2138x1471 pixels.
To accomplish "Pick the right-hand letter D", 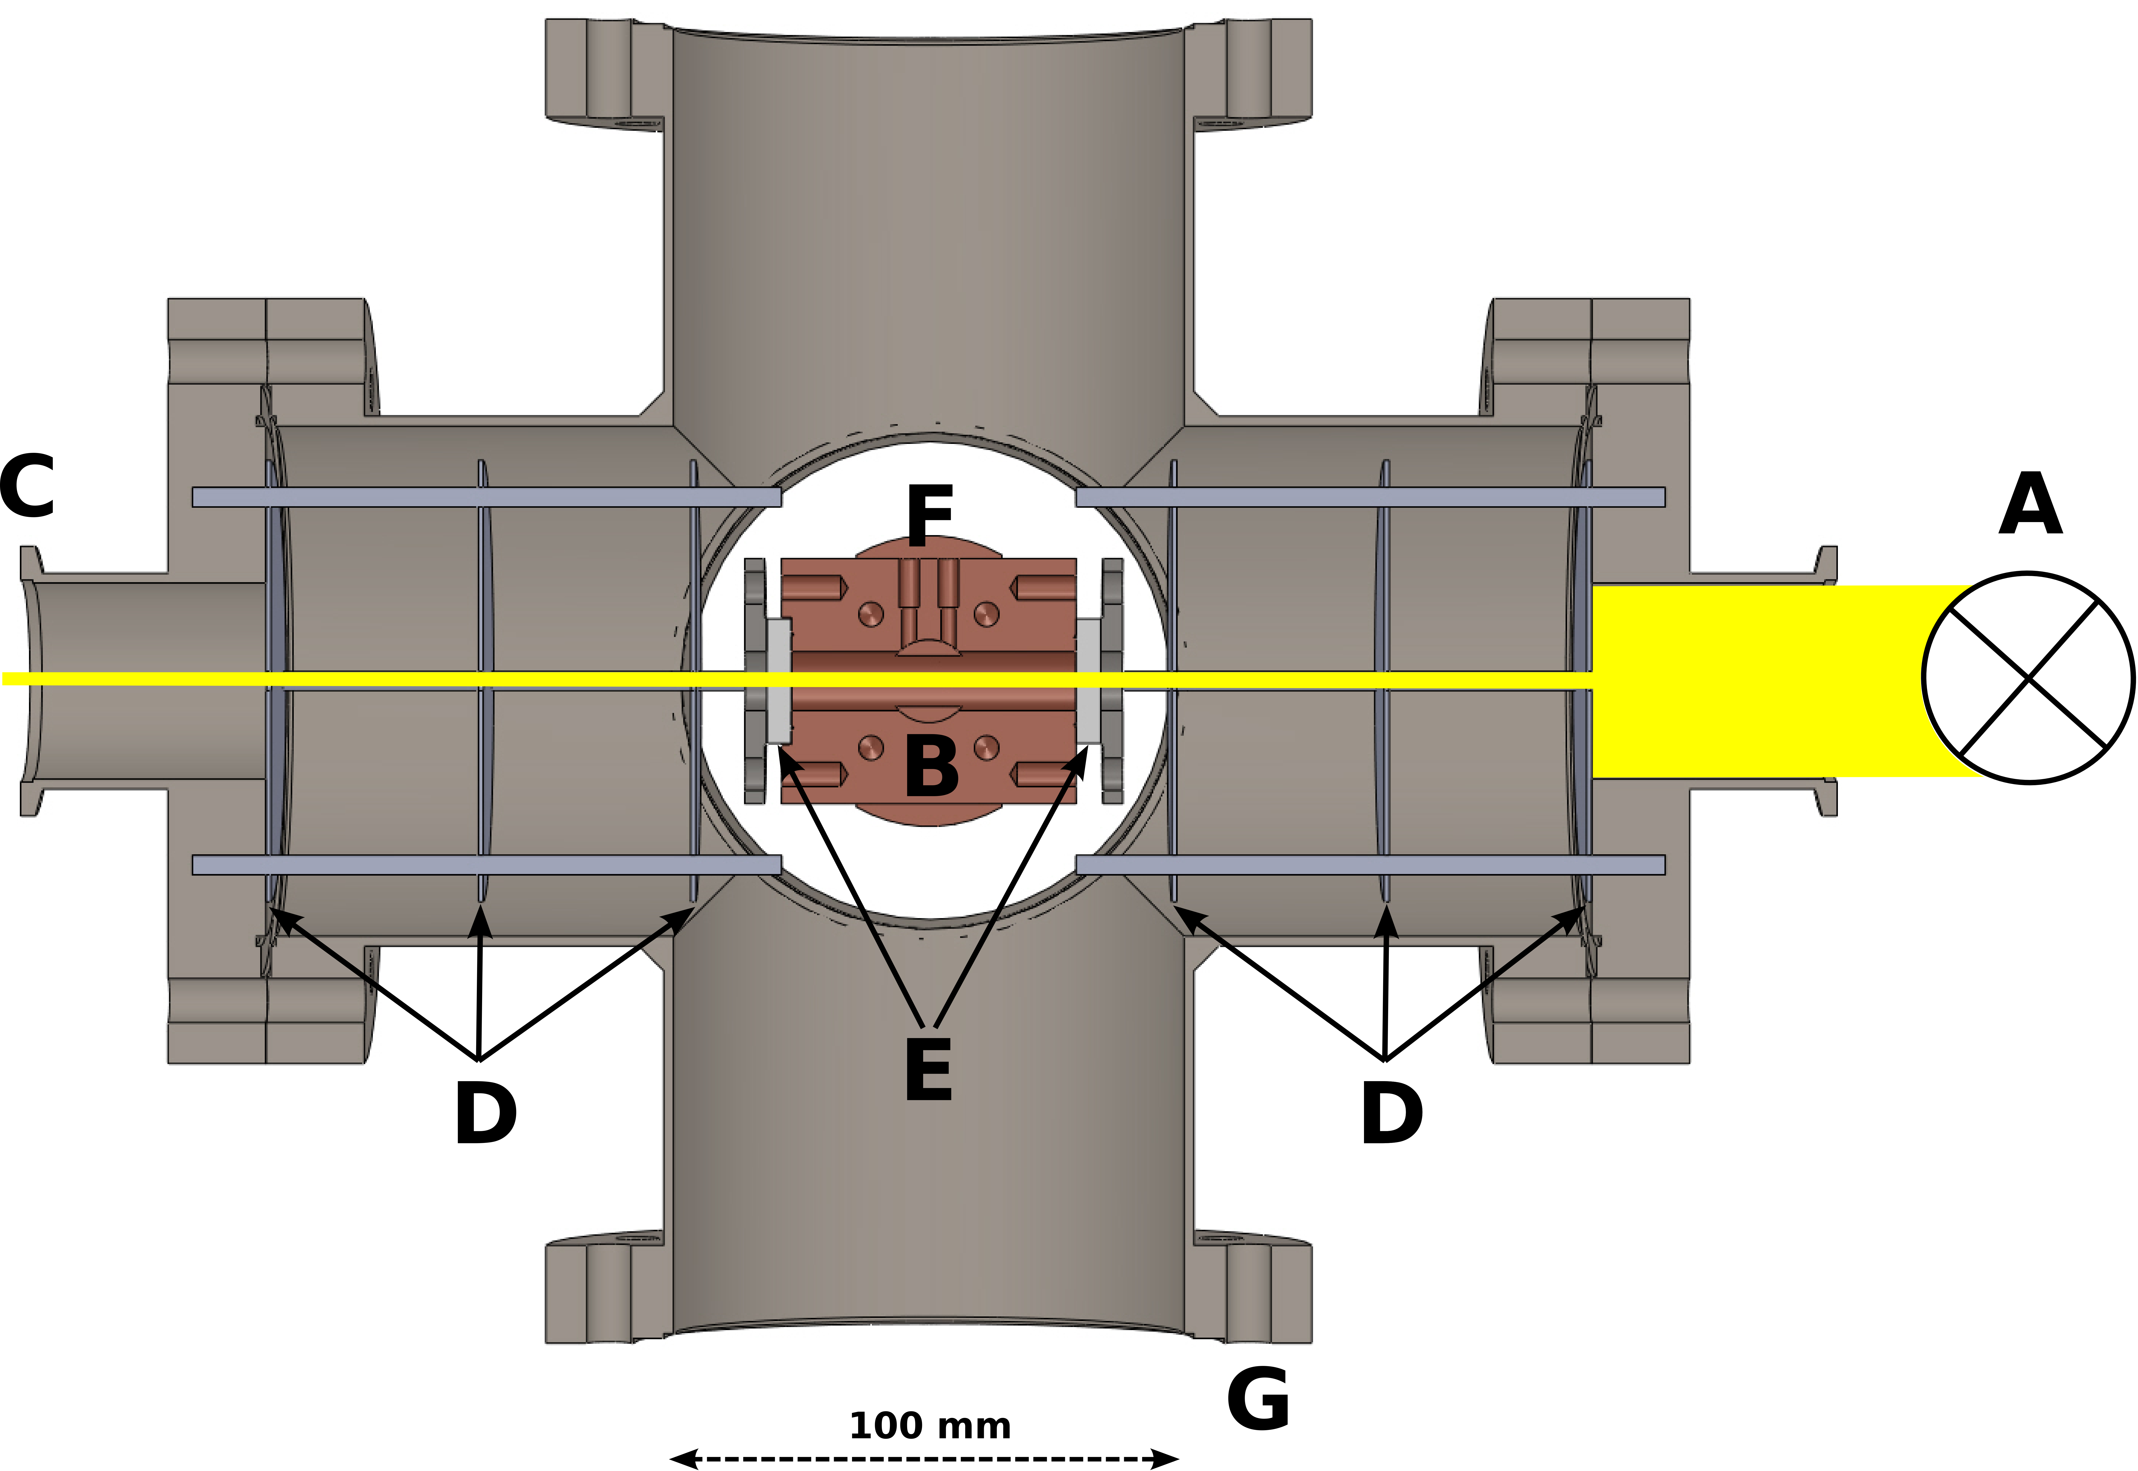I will [1391, 1113].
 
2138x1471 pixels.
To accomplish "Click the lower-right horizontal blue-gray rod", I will [1370, 865].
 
